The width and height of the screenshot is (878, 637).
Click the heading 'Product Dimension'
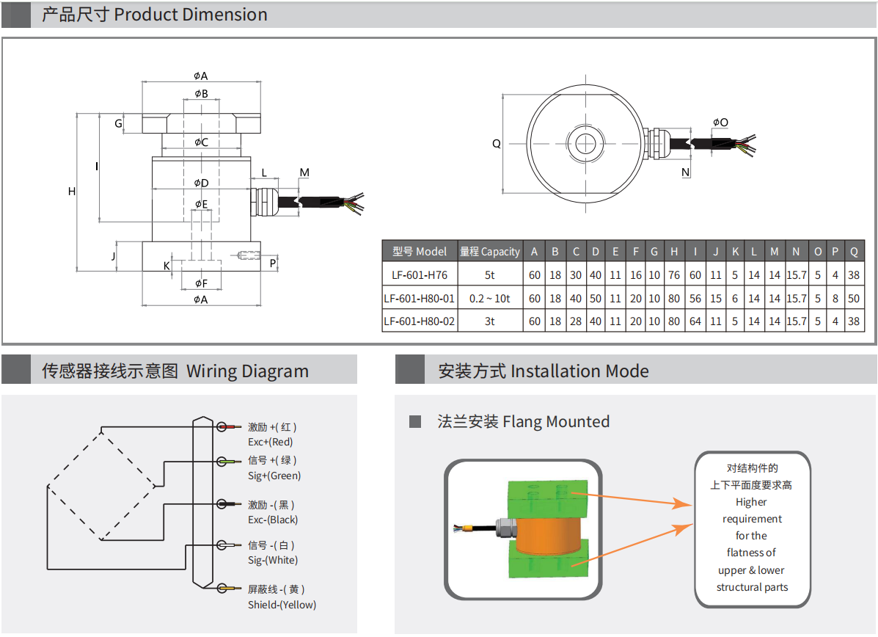191,15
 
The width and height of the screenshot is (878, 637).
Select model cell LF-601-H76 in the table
420,276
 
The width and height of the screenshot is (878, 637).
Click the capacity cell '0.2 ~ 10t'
490,299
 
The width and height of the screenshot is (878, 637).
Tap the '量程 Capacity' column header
490,252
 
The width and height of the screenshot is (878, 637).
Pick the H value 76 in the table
674,276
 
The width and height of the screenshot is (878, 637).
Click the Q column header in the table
854,252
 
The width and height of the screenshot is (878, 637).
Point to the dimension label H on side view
72,192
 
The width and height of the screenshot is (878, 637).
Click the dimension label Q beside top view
496,144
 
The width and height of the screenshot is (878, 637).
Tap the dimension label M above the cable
304,173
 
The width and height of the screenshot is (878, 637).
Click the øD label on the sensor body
201,183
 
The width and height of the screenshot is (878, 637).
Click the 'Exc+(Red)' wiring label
271,442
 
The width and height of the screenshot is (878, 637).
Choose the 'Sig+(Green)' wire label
274,476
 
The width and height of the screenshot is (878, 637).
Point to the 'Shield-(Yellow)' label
282,605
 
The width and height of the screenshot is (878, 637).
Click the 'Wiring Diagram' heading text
247,371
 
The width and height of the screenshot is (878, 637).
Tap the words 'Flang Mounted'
556,422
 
